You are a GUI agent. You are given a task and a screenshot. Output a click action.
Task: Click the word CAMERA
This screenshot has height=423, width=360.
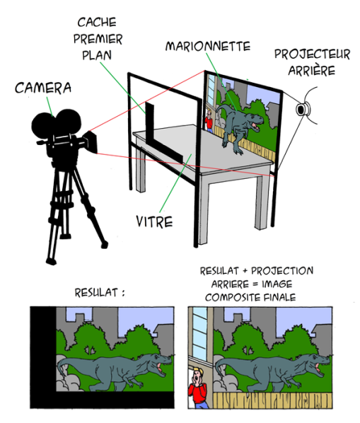[x=43, y=88]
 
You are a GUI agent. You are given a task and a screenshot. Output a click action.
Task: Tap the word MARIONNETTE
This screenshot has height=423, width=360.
[x=208, y=46]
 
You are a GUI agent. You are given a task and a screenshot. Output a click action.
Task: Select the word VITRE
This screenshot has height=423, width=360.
[x=154, y=221]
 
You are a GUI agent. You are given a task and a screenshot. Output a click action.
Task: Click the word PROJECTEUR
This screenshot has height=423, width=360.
[x=313, y=54]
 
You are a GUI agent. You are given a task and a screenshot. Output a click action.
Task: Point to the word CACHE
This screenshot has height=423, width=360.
[x=97, y=22]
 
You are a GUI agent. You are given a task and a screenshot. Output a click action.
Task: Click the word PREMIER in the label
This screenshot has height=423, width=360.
[x=98, y=39]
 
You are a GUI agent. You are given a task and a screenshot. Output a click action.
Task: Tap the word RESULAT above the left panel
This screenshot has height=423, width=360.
[x=96, y=292]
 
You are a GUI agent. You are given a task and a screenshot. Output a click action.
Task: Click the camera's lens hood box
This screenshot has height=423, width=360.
[x=91, y=142]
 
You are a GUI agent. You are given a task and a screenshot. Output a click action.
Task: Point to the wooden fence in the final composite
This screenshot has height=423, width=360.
[x=272, y=400]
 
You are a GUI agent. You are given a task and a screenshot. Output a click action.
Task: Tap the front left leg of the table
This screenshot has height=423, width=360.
[x=140, y=168]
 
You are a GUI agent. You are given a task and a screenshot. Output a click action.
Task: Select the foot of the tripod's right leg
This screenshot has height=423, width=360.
[x=104, y=245]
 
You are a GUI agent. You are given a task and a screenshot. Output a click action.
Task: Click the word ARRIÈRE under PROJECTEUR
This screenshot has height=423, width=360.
[x=311, y=70]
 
